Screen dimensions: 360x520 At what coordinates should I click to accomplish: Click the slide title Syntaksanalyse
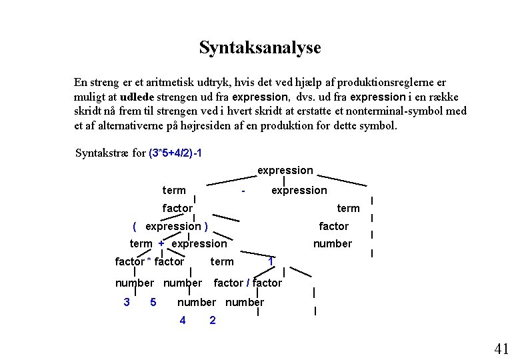point(260,48)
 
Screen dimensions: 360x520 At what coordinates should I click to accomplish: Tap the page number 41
point(501,348)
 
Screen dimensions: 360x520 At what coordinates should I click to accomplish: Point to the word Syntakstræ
point(102,153)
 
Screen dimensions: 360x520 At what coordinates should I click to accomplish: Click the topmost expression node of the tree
point(285,171)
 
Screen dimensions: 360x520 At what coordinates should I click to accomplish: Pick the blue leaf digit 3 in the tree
point(127,302)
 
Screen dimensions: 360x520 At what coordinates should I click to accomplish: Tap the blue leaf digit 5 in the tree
point(153,302)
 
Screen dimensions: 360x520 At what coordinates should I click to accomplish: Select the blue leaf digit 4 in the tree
point(183,320)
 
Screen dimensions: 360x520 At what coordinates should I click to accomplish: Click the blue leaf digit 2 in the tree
point(212,320)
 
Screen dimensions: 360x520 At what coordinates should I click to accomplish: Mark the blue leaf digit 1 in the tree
point(271,261)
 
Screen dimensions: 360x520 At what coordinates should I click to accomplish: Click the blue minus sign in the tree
point(245,191)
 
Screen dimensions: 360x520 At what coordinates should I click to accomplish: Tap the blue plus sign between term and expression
point(161,243)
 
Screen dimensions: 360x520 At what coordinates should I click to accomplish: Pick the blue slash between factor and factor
point(248,283)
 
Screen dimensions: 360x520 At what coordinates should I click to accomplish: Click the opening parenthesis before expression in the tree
point(135,226)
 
